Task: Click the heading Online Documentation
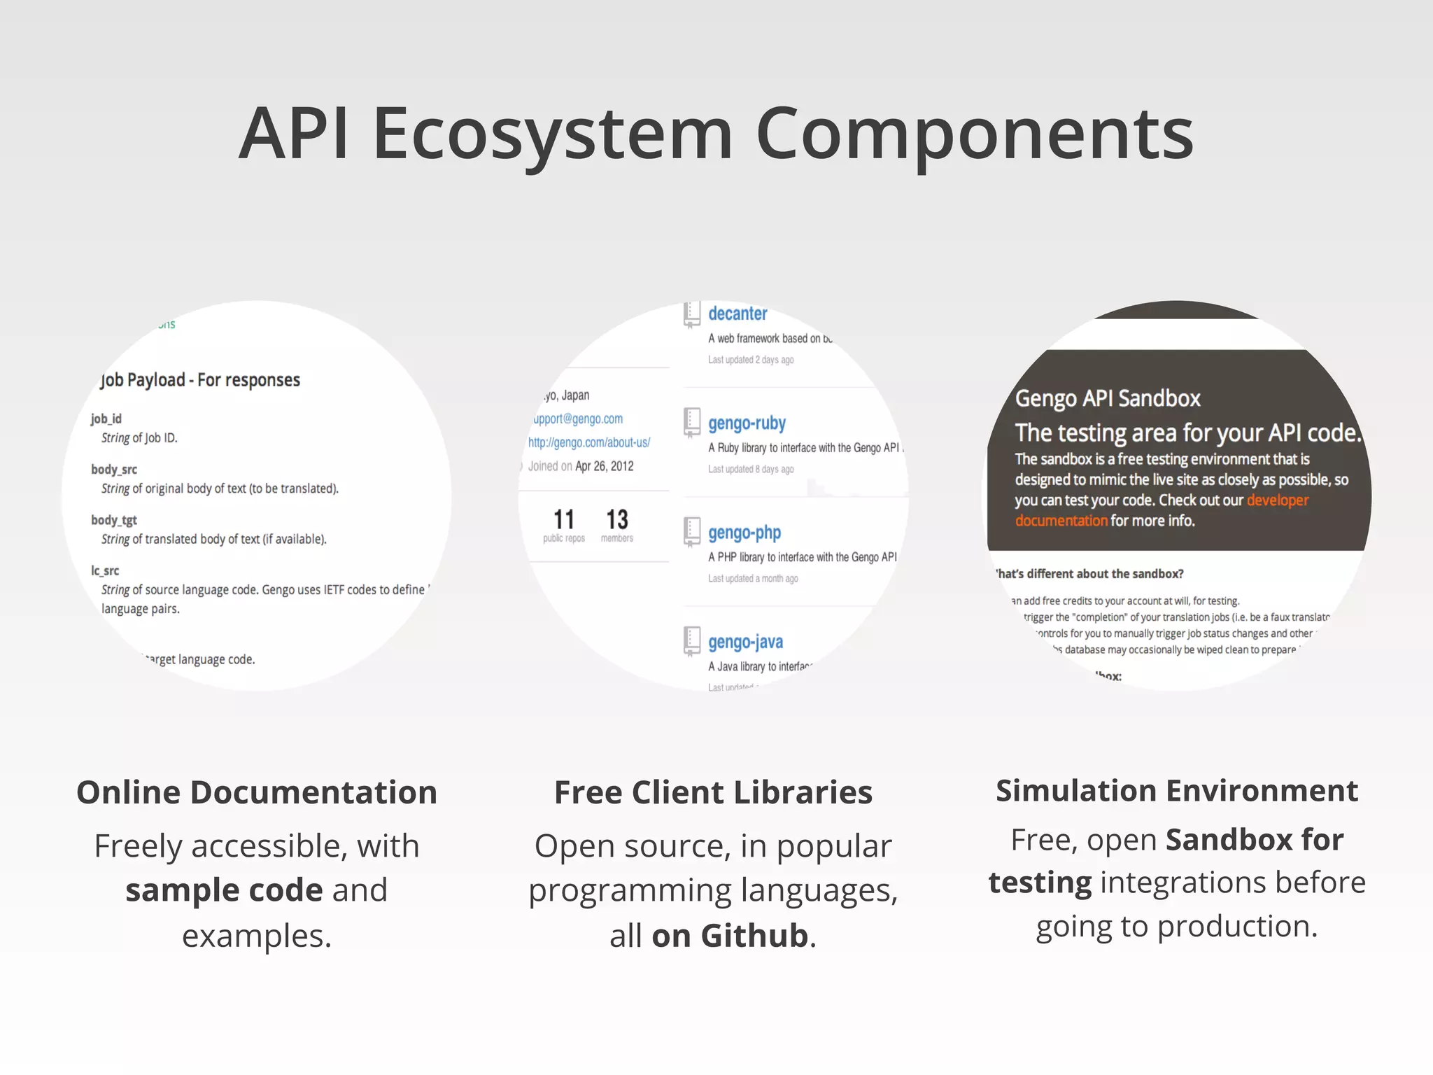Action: (257, 792)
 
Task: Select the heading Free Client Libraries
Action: (713, 792)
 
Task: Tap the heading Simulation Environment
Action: (1176, 791)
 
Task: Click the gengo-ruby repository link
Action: (747, 423)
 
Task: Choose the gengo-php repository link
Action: (744, 533)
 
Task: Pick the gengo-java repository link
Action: (745, 642)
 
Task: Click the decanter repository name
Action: (737, 314)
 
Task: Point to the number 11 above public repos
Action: (563, 519)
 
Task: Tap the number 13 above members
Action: (616, 519)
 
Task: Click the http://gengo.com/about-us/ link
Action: (588, 442)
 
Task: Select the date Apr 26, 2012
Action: (604, 466)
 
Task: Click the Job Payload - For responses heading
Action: (200, 380)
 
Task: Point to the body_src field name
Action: (114, 469)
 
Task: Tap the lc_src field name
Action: (105, 570)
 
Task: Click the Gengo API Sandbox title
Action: (1107, 398)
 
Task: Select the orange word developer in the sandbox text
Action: (1277, 500)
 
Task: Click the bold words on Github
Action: (729, 936)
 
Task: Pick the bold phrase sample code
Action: (224, 890)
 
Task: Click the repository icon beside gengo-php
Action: (691, 532)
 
